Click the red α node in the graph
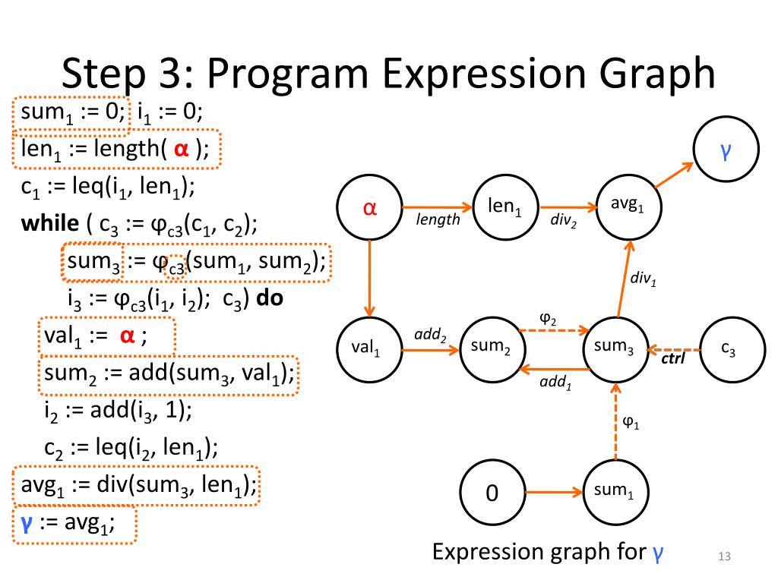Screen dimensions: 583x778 (369, 207)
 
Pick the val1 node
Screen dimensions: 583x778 (369, 348)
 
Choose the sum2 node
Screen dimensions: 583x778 (490, 348)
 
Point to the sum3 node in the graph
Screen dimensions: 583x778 (615, 348)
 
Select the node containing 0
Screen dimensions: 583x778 (492, 493)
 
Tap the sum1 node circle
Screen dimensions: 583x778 (614, 491)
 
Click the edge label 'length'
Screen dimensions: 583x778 (438, 220)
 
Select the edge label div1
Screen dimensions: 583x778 (643, 279)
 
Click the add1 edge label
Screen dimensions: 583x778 (555, 383)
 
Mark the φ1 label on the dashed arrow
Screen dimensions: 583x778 (631, 423)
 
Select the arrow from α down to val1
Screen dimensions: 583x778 (369, 278)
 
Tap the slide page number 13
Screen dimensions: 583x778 (723, 559)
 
